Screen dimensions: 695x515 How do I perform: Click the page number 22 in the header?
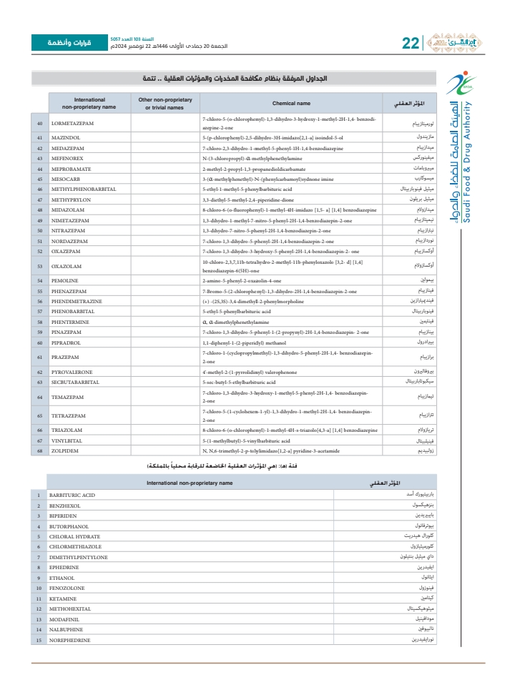click(x=411, y=43)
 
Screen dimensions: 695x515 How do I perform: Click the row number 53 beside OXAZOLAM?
click(x=39, y=266)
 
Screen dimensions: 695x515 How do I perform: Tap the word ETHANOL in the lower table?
click(x=62, y=578)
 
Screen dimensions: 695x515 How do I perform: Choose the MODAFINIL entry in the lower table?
click(x=64, y=618)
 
